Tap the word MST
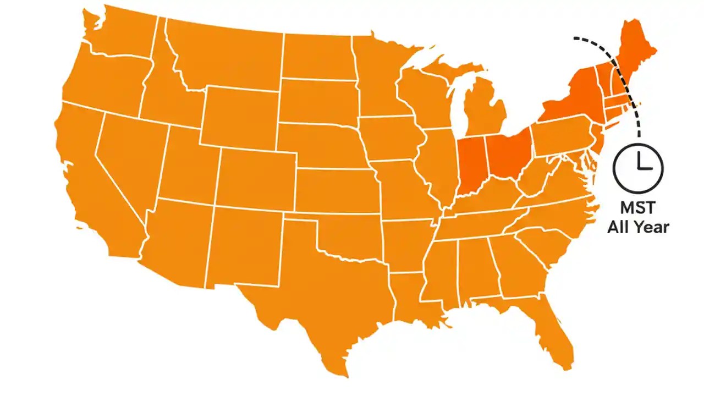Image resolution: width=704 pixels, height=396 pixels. click(638, 208)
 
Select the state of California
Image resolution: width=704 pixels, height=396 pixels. click(94, 182)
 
